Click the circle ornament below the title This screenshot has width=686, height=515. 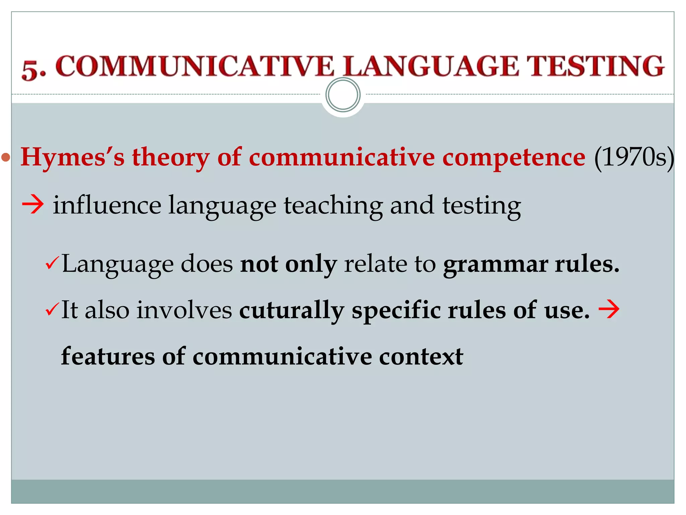point(343,95)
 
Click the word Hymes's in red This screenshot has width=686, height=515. point(72,157)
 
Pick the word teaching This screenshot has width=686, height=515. point(333,205)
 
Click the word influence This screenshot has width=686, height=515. point(107,205)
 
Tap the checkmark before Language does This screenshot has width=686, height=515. point(52,263)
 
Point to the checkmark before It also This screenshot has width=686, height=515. point(52,309)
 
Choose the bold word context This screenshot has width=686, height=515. point(421,356)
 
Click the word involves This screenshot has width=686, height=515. point(184,310)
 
